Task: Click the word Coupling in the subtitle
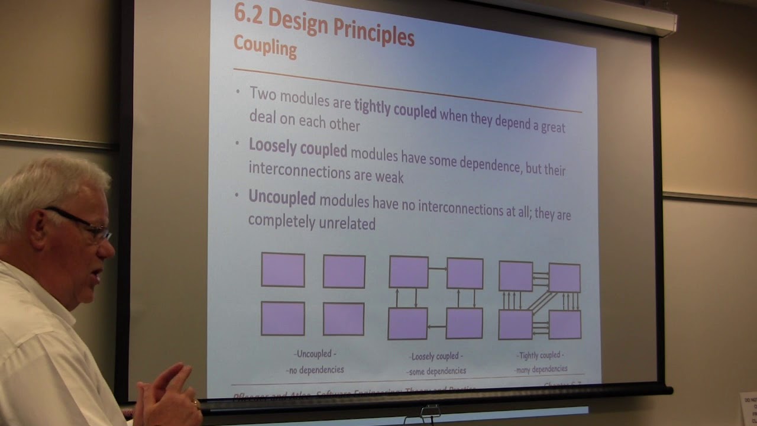pyautogui.click(x=265, y=46)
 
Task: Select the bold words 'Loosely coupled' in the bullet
pyautogui.click(x=297, y=148)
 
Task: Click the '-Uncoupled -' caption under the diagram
pyautogui.click(x=315, y=354)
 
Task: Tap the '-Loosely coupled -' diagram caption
pyautogui.click(x=436, y=356)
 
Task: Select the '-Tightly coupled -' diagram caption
pyautogui.click(x=541, y=355)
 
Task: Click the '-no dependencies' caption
pyautogui.click(x=315, y=370)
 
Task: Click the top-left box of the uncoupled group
pyautogui.click(x=283, y=270)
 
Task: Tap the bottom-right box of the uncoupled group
pyautogui.click(x=344, y=319)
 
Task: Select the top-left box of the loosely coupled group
pyautogui.click(x=409, y=272)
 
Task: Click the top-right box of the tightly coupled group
pyautogui.click(x=564, y=277)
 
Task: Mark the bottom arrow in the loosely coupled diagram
pyautogui.click(x=436, y=326)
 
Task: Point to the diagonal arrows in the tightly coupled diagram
pyautogui.click(x=541, y=301)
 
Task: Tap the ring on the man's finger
pyautogui.click(x=196, y=404)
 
